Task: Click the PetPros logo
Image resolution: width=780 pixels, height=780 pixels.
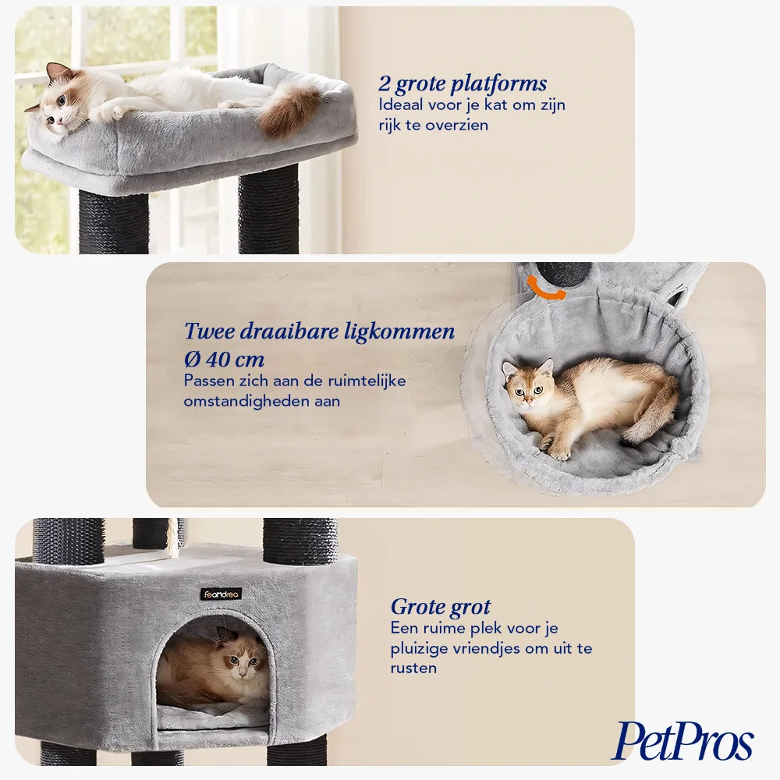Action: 682,741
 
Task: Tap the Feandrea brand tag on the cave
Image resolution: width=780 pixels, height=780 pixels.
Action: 221,594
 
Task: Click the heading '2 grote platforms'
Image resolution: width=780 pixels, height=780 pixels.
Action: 462,84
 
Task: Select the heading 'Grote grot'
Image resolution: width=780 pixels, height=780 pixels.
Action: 440,608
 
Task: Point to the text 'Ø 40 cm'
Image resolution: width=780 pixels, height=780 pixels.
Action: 224,359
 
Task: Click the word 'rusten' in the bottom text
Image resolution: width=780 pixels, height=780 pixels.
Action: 413,668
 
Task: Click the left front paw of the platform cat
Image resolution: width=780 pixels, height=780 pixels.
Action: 112,113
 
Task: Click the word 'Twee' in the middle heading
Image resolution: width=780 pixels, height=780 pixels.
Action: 209,331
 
